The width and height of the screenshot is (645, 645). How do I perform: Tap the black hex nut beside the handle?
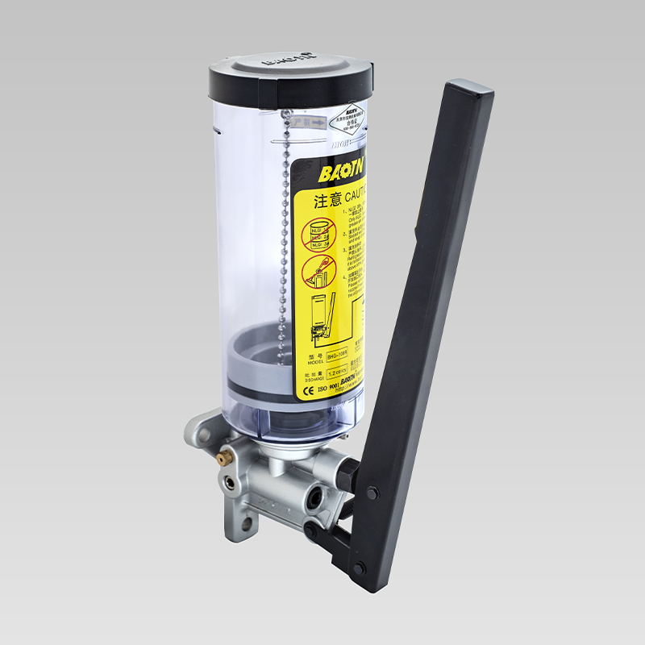[x=344, y=473]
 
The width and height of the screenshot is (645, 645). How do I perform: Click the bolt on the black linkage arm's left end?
[x=310, y=530]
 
